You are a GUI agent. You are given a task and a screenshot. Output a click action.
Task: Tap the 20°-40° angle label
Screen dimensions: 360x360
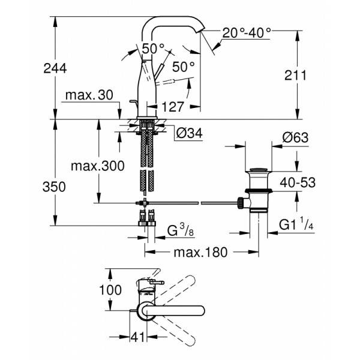point(247,33)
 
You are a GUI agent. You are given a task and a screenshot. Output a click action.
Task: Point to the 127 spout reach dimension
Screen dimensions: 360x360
point(172,107)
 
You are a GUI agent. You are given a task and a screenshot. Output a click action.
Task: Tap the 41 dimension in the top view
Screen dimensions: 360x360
point(137,338)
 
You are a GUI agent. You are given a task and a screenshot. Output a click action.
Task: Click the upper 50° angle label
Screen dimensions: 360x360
point(154,47)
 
